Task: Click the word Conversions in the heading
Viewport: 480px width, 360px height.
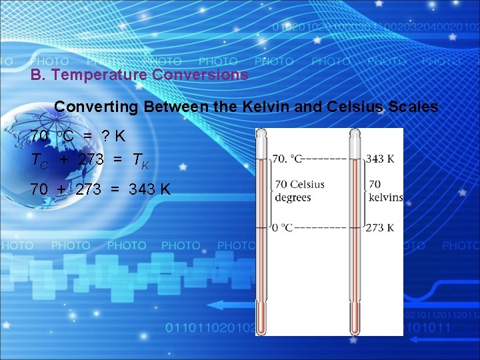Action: click(x=200, y=75)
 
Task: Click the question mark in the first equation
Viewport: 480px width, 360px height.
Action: click(x=105, y=136)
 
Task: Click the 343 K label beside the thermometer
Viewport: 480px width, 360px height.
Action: click(x=379, y=159)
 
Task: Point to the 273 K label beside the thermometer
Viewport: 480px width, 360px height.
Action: click(x=379, y=228)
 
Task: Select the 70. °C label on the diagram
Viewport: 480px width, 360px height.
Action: click(x=287, y=159)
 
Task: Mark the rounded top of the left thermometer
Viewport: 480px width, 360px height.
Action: click(x=264, y=133)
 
